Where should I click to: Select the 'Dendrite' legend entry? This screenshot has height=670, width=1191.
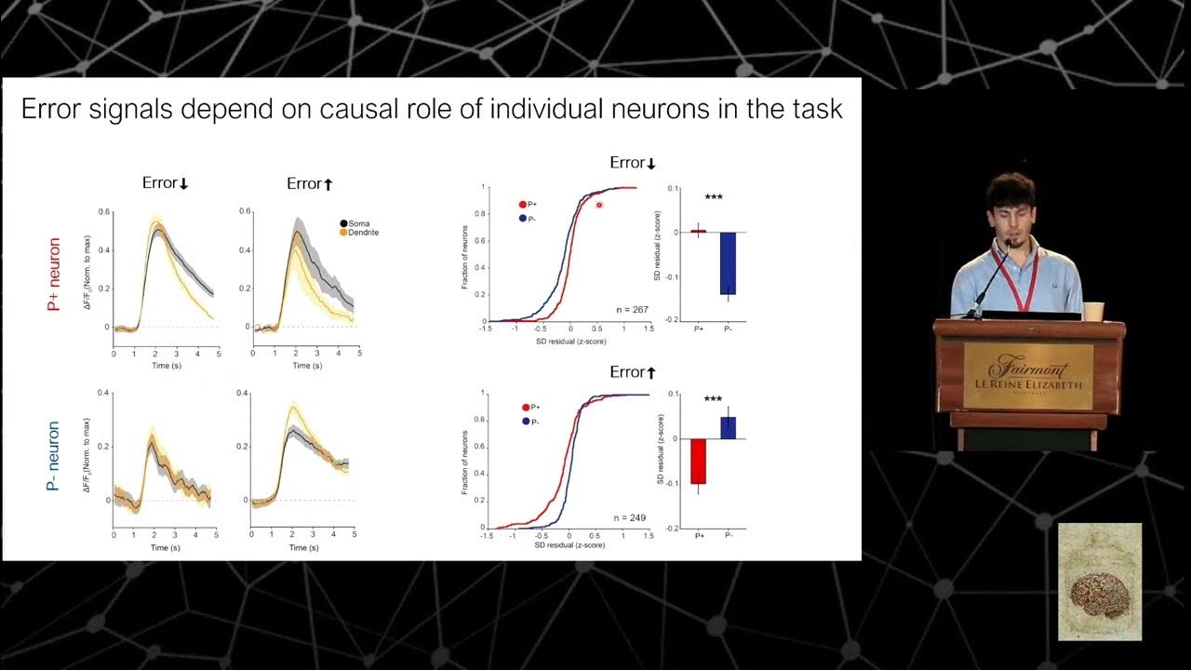pyautogui.click(x=363, y=233)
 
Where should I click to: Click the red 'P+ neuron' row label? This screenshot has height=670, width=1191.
pyautogui.click(x=53, y=275)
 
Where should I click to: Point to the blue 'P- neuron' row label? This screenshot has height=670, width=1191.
pyautogui.click(x=53, y=456)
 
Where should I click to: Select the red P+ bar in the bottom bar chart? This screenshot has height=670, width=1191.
pyautogui.click(x=698, y=461)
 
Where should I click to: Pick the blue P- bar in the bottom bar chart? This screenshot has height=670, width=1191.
pyautogui.click(x=728, y=427)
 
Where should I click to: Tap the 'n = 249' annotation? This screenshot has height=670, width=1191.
pyautogui.click(x=630, y=517)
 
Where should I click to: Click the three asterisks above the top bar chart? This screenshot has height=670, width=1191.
pyautogui.click(x=714, y=197)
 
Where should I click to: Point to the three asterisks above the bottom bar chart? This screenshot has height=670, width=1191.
pyautogui.click(x=713, y=400)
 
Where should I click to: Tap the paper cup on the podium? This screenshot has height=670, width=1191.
pyautogui.click(x=1093, y=311)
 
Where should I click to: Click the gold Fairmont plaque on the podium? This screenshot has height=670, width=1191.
pyautogui.click(x=1028, y=376)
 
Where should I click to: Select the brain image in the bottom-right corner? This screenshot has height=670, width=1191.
pyautogui.click(x=1100, y=582)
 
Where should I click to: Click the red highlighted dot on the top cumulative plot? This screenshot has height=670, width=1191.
pyautogui.click(x=599, y=205)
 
